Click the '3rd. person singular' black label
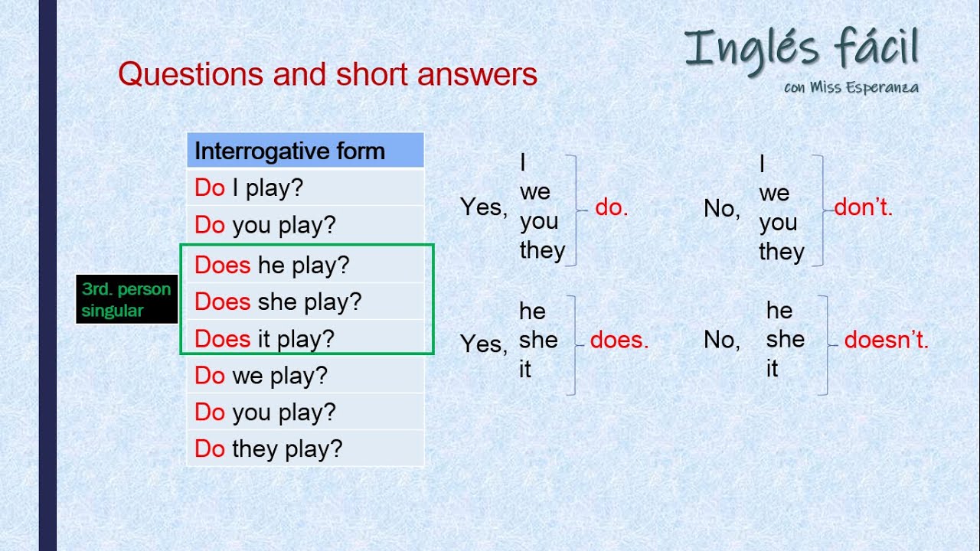(x=126, y=300)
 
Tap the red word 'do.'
(x=611, y=208)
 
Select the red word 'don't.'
(x=863, y=208)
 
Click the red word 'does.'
(x=619, y=341)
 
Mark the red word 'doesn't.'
(x=886, y=341)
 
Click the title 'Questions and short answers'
(x=328, y=74)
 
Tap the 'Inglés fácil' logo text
(x=801, y=47)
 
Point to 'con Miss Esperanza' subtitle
(x=851, y=87)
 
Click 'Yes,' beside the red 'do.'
(x=483, y=207)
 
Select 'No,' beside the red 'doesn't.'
(x=721, y=340)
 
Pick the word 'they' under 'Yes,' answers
(x=542, y=250)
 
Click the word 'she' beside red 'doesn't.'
(x=785, y=339)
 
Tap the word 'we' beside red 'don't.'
(x=773, y=193)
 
